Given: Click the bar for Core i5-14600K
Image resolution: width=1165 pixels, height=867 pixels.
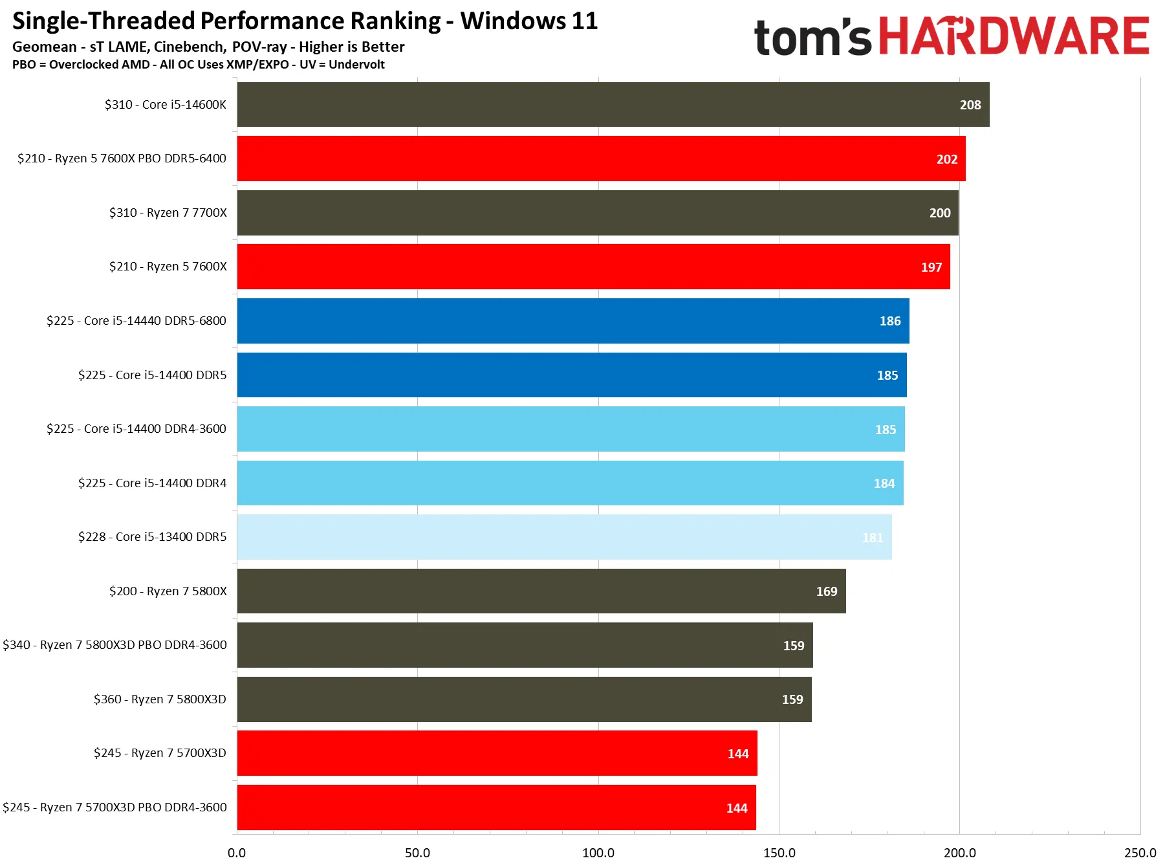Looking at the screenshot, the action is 613,104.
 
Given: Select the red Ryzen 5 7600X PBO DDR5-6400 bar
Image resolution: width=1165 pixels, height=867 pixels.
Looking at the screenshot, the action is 602,159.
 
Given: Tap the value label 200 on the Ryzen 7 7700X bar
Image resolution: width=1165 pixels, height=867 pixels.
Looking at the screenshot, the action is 940,213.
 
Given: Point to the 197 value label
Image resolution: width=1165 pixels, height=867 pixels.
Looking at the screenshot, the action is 931,267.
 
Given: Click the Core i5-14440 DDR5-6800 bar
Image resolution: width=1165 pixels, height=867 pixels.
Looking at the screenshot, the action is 573,321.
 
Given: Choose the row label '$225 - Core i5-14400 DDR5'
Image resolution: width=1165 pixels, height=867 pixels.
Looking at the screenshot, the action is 153,375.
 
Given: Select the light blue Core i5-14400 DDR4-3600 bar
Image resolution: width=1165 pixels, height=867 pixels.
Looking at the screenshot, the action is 571,429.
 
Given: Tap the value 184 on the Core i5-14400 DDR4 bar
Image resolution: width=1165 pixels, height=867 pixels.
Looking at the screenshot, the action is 884,483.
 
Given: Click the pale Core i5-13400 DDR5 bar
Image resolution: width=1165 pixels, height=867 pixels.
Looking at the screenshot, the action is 565,537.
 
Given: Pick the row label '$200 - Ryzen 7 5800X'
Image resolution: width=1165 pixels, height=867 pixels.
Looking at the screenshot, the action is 168,591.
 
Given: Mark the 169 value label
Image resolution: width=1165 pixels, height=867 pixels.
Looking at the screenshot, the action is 827,591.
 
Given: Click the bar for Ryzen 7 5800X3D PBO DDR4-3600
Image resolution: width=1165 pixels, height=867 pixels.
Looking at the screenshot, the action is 525,645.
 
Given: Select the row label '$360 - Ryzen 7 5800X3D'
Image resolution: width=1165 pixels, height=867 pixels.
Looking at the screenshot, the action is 160,699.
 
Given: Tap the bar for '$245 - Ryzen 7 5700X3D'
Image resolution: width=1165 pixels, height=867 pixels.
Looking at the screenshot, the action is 497,753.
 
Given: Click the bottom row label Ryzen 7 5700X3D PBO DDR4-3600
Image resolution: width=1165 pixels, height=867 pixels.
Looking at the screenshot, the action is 114,807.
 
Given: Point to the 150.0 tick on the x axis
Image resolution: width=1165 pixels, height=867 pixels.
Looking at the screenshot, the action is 779,853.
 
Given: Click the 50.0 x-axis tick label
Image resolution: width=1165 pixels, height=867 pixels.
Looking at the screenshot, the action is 417,853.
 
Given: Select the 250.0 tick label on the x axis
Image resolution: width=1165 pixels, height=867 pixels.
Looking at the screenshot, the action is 1140,853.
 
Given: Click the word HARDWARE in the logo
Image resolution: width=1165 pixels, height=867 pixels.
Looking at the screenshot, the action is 1014,36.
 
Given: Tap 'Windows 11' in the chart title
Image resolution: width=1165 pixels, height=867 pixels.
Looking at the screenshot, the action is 529,21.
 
